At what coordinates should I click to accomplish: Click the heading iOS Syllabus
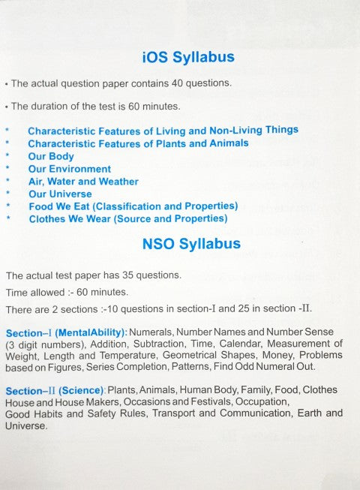tap(188, 57)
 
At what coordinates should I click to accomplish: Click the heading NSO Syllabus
tap(191, 244)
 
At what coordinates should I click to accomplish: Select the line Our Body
tap(51, 157)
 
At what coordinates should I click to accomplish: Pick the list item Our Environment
tap(70, 169)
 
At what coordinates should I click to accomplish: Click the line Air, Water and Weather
tap(83, 181)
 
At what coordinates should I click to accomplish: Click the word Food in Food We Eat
tap(41, 206)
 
